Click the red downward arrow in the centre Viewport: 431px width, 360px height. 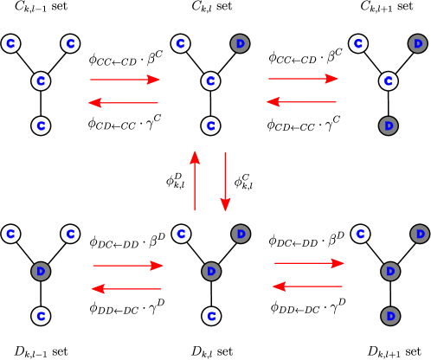click(225, 182)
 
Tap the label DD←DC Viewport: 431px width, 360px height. click(299, 310)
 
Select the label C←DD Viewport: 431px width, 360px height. click(301, 243)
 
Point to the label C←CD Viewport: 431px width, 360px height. click(301, 60)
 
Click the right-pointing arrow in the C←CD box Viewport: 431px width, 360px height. click(302, 79)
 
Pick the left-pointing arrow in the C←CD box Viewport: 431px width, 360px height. click(301, 101)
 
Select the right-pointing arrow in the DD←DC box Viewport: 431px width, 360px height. click(308, 263)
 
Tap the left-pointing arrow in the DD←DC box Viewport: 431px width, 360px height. click(307, 286)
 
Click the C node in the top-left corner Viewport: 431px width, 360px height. click(10, 43)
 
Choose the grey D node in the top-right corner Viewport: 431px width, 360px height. click(417, 43)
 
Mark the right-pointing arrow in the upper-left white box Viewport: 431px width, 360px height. click(125, 80)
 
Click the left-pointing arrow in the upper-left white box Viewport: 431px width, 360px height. click(123, 103)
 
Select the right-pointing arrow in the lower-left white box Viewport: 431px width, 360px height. click(128, 266)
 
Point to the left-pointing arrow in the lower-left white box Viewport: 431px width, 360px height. click(126, 289)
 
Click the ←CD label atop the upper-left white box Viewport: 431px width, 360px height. click(124, 62)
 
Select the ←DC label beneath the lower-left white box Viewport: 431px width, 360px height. click(124, 310)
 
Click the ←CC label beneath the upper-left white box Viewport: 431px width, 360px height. click(121, 126)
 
